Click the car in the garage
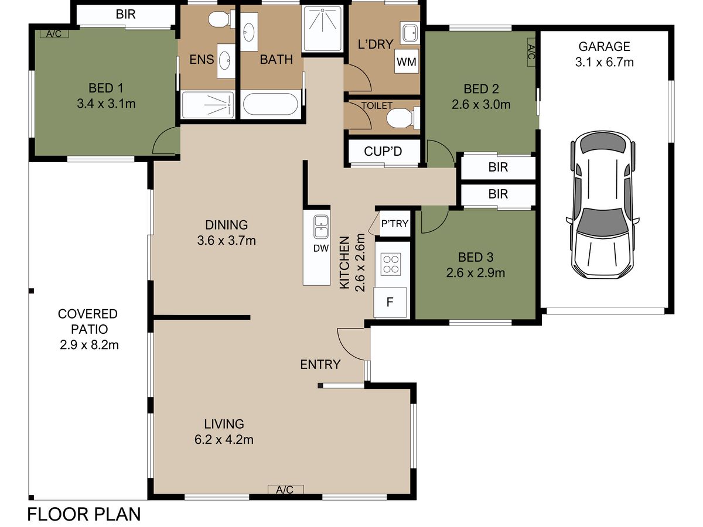[602, 205]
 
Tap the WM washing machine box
[407, 61]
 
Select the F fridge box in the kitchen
[390, 302]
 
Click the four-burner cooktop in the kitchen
[391, 264]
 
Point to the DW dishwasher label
[321, 248]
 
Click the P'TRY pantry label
[395, 223]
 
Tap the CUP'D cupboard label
[383, 151]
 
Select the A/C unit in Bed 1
[54, 33]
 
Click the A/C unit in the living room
[285, 490]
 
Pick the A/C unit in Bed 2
[531, 52]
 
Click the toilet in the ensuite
[221, 19]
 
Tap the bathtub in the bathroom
[271, 104]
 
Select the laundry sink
[409, 33]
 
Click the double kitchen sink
[321, 227]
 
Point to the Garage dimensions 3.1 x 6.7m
[604, 62]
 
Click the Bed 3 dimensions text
[476, 273]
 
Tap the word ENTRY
[320, 364]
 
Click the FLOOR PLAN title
[84, 514]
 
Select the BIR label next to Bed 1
[125, 15]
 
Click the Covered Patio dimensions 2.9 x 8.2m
[90, 345]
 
